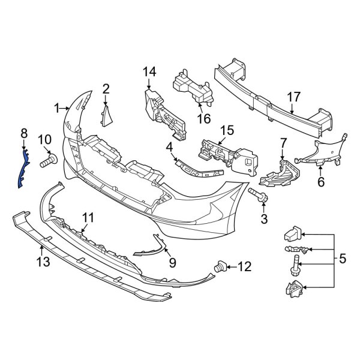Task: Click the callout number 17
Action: pos(293,97)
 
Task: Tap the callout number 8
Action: pos(24,133)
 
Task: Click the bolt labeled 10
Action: pos(47,161)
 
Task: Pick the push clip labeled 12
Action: pos(220,265)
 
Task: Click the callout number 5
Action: pos(343,259)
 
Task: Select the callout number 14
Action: pos(149,73)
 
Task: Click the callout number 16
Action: pos(204,118)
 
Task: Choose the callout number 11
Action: pos(88,217)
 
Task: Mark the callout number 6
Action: pos(320,181)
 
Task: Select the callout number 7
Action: pos(284,143)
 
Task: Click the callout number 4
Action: pos(170,146)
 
